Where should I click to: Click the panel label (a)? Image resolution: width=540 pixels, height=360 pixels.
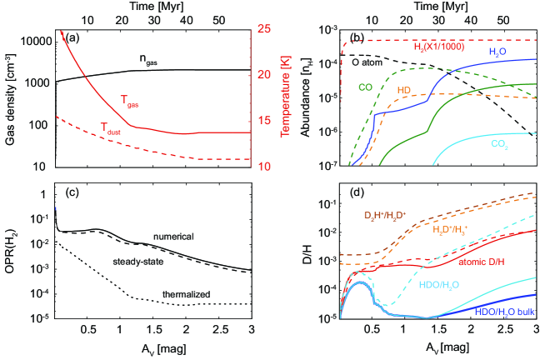coord(75,38)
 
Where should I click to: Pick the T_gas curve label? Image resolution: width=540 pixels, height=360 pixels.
coord(129,99)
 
